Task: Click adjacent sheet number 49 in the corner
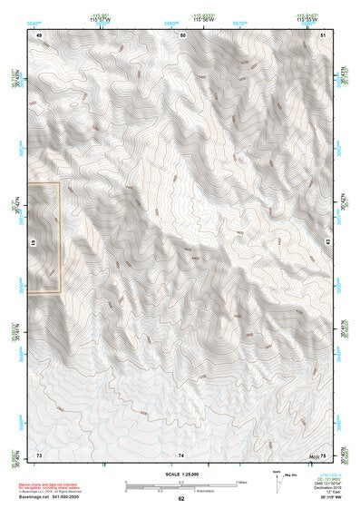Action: click(x=39, y=34)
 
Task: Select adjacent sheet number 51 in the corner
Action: click(x=323, y=34)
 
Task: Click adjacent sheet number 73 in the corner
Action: click(x=39, y=453)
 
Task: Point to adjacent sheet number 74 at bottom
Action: click(x=181, y=453)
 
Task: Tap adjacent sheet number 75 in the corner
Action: click(x=323, y=453)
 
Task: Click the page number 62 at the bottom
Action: click(x=180, y=499)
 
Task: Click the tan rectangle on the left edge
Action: click(x=44, y=238)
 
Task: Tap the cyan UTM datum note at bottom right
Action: click(x=326, y=481)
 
